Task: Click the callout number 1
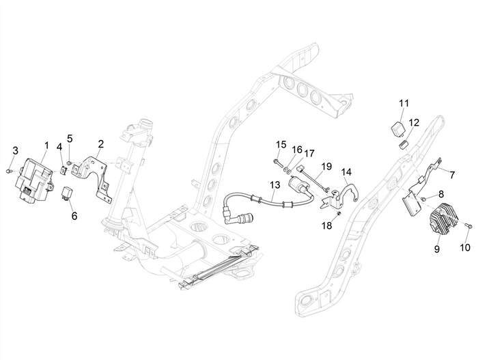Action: (x=46, y=146)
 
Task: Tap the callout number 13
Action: (x=275, y=185)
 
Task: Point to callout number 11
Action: (x=404, y=103)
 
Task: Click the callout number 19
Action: (x=326, y=167)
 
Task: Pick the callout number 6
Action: (x=74, y=215)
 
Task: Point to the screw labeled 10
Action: (x=466, y=225)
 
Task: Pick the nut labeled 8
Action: (x=423, y=199)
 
